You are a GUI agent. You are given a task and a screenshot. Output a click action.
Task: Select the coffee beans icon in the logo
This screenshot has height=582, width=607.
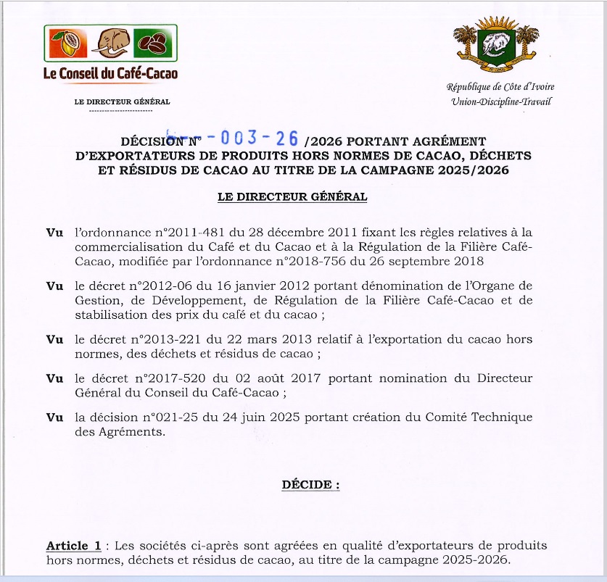(155, 44)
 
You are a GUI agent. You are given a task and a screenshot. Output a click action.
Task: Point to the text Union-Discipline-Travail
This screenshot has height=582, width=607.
(500, 101)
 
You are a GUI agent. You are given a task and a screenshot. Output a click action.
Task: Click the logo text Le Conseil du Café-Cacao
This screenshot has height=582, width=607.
(110, 73)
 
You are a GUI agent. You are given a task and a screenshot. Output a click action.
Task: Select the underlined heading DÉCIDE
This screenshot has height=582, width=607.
(310, 485)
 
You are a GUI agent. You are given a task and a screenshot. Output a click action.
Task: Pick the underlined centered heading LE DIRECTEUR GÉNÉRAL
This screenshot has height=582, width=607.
(292, 196)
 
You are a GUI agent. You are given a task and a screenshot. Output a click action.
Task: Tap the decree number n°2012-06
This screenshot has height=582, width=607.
(147, 288)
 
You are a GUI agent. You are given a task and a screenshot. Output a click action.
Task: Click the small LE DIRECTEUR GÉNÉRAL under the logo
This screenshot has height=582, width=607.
(123, 102)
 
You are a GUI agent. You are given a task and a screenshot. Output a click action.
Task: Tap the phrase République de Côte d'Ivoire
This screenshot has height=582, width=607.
(500, 87)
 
